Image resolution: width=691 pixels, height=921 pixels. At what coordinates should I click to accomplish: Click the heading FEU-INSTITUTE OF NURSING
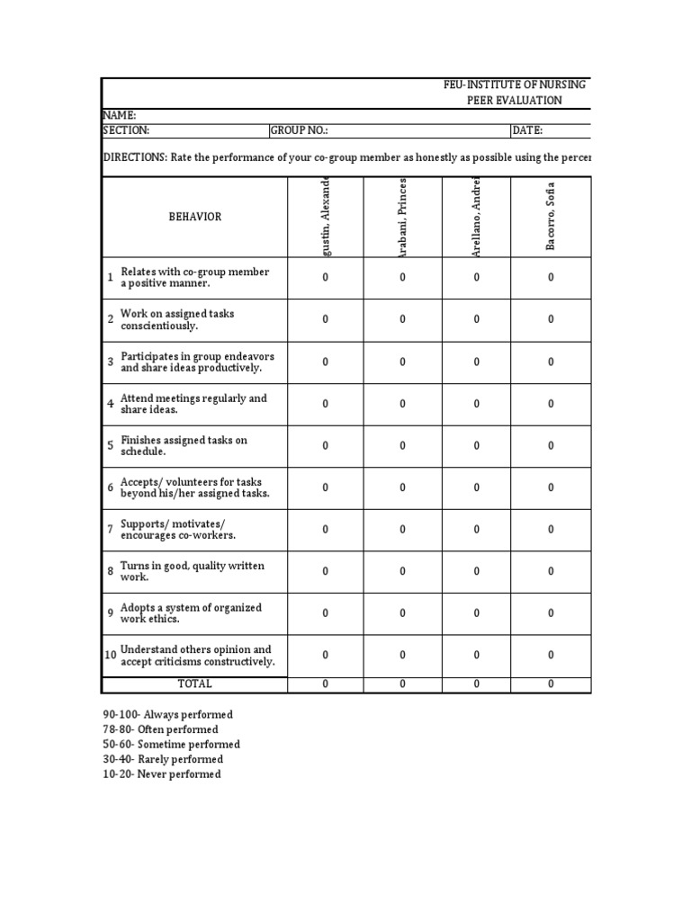515,85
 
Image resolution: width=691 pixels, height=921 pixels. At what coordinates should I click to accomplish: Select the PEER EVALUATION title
515,101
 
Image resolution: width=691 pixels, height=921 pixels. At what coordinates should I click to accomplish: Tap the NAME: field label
120,115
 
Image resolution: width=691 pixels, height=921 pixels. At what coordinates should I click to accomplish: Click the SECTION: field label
126,130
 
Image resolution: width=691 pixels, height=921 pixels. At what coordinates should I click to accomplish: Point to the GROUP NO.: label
300,130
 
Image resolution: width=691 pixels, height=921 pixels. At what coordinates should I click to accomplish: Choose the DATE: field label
527,130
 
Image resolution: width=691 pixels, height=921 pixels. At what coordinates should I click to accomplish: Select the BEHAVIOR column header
195,217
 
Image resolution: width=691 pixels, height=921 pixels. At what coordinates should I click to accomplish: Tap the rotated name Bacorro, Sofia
552,216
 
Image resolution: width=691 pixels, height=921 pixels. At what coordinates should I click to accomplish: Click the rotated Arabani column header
402,217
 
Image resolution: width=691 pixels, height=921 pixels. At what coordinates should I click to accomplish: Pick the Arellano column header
478,217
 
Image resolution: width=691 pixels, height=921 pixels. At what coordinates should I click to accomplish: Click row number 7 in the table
111,530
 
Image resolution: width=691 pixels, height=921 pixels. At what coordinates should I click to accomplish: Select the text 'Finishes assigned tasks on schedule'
184,445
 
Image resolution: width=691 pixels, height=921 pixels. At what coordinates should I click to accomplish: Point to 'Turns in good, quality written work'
192,571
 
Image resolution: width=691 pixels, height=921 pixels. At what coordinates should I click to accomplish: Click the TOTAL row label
195,684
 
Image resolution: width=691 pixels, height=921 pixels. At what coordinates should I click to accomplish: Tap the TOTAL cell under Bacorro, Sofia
552,684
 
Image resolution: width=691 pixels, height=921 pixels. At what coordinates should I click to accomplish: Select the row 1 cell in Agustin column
326,278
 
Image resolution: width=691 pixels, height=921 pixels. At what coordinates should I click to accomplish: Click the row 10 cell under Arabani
402,656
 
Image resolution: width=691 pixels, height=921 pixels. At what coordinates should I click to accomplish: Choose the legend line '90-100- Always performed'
168,715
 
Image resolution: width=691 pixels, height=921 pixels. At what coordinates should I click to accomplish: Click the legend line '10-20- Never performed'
162,774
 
